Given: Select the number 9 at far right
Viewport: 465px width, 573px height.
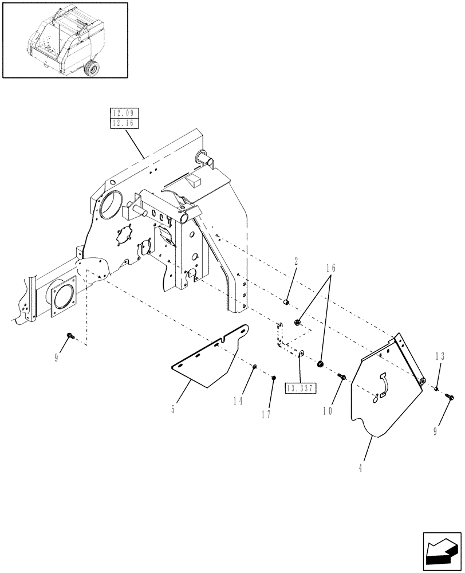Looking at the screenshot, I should [436, 431].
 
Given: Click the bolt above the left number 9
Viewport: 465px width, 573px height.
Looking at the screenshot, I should [69, 335].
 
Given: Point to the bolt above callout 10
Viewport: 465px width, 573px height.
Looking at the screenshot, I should [342, 377].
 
